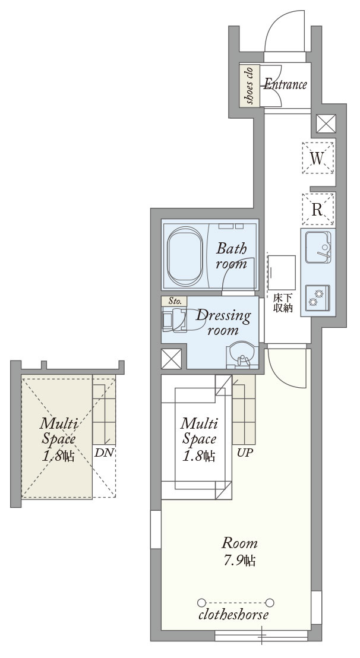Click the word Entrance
pos(285,84)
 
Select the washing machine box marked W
pos(318,158)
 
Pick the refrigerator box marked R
pos(318,209)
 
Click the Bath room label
pos(230,255)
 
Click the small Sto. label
pos(175,301)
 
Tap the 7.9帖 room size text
pos(240,561)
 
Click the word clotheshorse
pos(233,615)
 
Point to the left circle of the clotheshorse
pos(201,601)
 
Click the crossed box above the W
pos(326,124)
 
